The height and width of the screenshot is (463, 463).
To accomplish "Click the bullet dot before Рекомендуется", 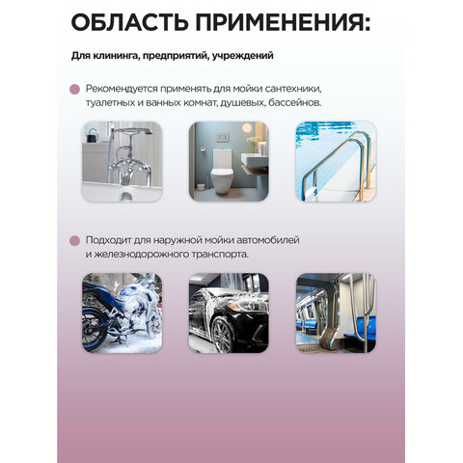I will click(x=75, y=88).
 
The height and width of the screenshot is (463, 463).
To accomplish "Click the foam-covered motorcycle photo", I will click(x=122, y=313).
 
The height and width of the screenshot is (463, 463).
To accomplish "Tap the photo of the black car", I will click(x=227, y=313).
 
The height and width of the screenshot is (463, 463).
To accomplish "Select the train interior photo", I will click(x=333, y=313).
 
